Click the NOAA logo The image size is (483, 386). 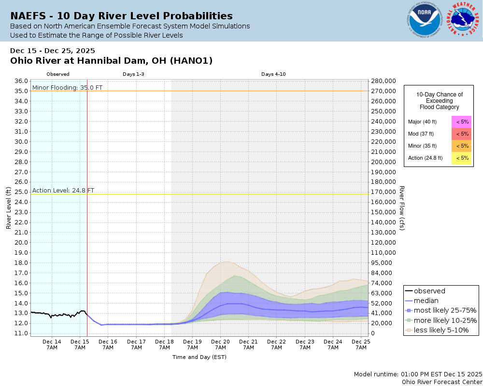click(x=424, y=21)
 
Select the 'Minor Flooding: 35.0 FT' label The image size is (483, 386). click(x=67, y=88)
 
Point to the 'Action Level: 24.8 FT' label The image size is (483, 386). click(x=63, y=191)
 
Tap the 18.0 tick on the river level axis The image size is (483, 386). click(x=21, y=262)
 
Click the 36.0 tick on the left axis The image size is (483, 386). click(x=21, y=81)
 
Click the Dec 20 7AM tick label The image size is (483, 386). click(x=220, y=344)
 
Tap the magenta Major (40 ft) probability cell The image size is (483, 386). click(x=461, y=122)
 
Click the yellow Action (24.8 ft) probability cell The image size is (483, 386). click(x=461, y=158)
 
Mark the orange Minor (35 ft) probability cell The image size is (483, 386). click(x=461, y=146)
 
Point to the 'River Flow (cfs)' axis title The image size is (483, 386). click(x=401, y=208)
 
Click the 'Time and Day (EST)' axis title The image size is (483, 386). click(x=199, y=357)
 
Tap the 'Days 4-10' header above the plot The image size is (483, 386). click(x=273, y=74)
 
